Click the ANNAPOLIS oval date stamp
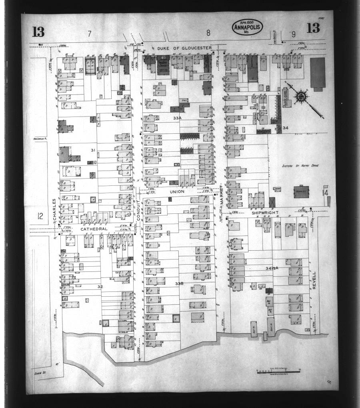click(247, 27)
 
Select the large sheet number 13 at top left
click(39, 31)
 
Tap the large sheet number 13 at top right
click(314, 28)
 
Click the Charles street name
click(54, 211)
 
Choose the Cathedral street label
click(94, 229)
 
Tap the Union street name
click(177, 192)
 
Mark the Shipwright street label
click(264, 213)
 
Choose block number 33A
click(177, 119)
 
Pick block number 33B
click(179, 283)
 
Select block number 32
click(100, 287)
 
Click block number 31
click(92, 150)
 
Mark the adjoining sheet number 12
click(40, 217)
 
